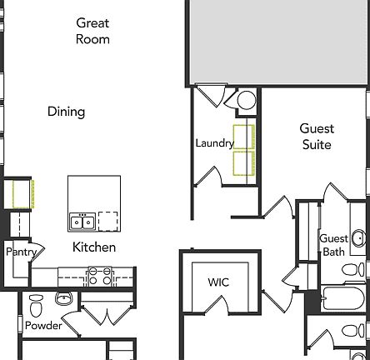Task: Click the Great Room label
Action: pos(92,31)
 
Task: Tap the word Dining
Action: pos(66,112)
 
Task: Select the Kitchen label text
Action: pos(94,247)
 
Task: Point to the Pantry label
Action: pos(20,251)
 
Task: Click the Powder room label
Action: pos(42,325)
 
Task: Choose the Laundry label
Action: pos(214,143)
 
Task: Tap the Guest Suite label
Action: pos(317,137)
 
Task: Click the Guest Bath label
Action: pos(333,245)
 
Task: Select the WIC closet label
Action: pos(218,282)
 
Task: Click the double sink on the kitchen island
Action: pos(81,221)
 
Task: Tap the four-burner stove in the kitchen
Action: pos(100,276)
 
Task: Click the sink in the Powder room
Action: pos(64,297)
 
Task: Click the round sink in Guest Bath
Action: pos(358,238)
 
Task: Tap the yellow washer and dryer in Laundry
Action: pos(243,151)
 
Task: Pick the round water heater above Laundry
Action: pos(246,101)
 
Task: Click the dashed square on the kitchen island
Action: pos(108,221)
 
